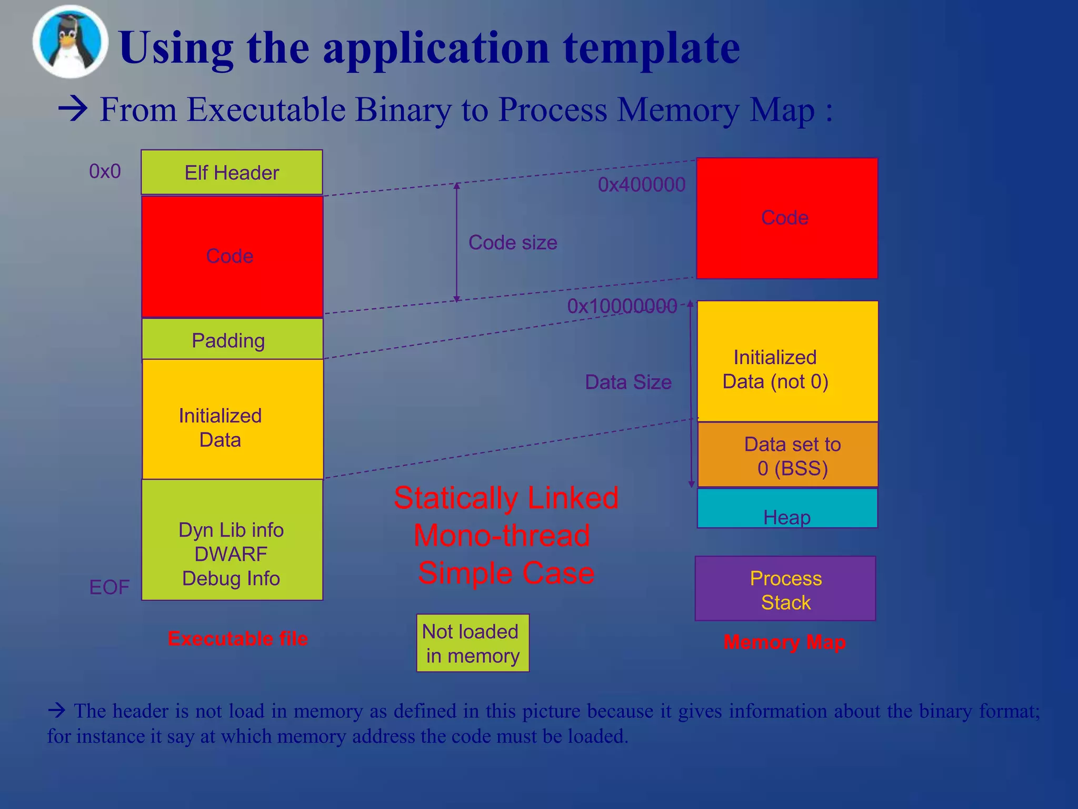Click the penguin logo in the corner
point(70,42)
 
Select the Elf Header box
point(232,172)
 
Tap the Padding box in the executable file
point(232,340)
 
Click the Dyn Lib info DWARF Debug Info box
point(232,540)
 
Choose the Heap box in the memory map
point(787,508)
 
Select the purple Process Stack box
point(785,589)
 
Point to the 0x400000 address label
point(642,185)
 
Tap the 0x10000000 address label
point(622,306)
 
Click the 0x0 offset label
point(105,171)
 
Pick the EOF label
point(109,587)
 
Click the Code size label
point(513,243)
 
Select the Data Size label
point(628,382)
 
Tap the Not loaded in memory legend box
point(472,643)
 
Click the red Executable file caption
point(237,639)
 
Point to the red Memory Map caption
point(784,642)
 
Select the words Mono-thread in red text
point(502,536)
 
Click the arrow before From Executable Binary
point(73,110)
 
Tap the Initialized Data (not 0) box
point(787,361)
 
